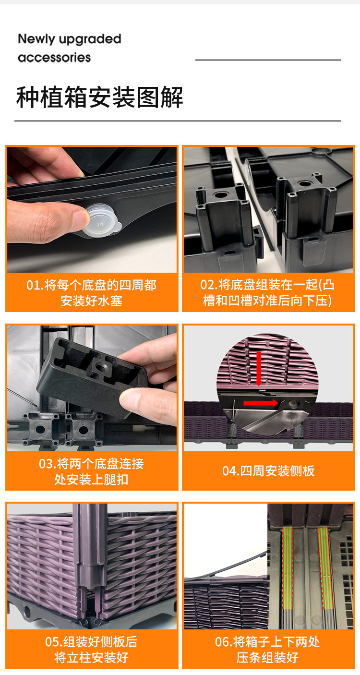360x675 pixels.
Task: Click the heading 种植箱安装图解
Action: click(100, 98)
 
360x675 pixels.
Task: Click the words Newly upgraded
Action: click(70, 39)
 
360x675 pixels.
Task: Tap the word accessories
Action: click(54, 58)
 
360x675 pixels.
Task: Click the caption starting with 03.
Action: click(91, 471)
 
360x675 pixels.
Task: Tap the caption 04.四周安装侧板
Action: click(268, 471)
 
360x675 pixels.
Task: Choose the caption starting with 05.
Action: click(91, 649)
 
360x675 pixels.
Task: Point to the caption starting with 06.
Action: click(268, 649)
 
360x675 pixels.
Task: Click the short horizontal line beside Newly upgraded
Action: click(268, 60)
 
